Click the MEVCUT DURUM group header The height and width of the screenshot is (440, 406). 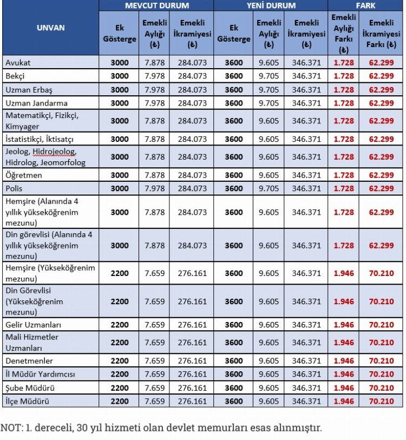point(156,5)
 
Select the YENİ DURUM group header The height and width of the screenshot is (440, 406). point(271,5)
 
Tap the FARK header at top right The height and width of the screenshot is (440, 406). point(366,5)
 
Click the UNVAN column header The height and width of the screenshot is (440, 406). point(50,27)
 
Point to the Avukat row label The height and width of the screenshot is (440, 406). point(18,63)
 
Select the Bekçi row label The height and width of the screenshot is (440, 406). point(15,76)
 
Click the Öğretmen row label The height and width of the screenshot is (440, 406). point(24,175)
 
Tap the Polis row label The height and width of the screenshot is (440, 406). point(14,188)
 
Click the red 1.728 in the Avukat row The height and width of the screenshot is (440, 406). point(343,63)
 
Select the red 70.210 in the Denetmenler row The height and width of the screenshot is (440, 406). point(381,361)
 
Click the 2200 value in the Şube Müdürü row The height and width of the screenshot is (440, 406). point(120,388)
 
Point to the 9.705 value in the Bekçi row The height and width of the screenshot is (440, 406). point(269,76)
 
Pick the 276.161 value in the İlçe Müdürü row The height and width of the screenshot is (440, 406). point(192,401)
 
